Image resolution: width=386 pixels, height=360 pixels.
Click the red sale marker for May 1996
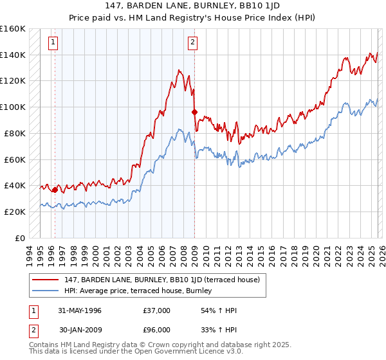[x=55, y=190]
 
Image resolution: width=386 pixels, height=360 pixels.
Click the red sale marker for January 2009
[x=194, y=113]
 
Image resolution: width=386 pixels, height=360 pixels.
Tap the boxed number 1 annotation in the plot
[x=53, y=43]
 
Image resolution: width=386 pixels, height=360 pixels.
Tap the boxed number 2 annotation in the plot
[x=192, y=43]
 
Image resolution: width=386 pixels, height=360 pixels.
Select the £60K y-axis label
[x=15, y=160]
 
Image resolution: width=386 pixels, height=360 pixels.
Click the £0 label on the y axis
[x=20, y=239]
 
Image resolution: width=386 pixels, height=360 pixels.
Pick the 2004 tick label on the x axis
[x=140, y=256]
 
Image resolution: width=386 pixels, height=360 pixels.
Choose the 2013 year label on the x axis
[x=239, y=256]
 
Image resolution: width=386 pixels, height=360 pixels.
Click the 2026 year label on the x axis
[x=382, y=256]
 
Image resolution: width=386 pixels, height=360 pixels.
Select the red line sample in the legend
[x=45, y=280]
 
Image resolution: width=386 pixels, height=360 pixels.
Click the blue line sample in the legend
[x=45, y=291]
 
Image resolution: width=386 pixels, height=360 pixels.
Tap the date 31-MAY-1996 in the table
[x=80, y=310]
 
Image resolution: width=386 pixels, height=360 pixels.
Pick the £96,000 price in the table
[x=156, y=330]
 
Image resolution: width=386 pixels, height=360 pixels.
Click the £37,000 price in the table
[x=156, y=310]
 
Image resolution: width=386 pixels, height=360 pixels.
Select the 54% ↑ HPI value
[x=219, y=310]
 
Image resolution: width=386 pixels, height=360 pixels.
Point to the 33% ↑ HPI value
[x=219, y=330]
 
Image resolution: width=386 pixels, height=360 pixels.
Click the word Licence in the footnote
[x=212, y=351]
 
